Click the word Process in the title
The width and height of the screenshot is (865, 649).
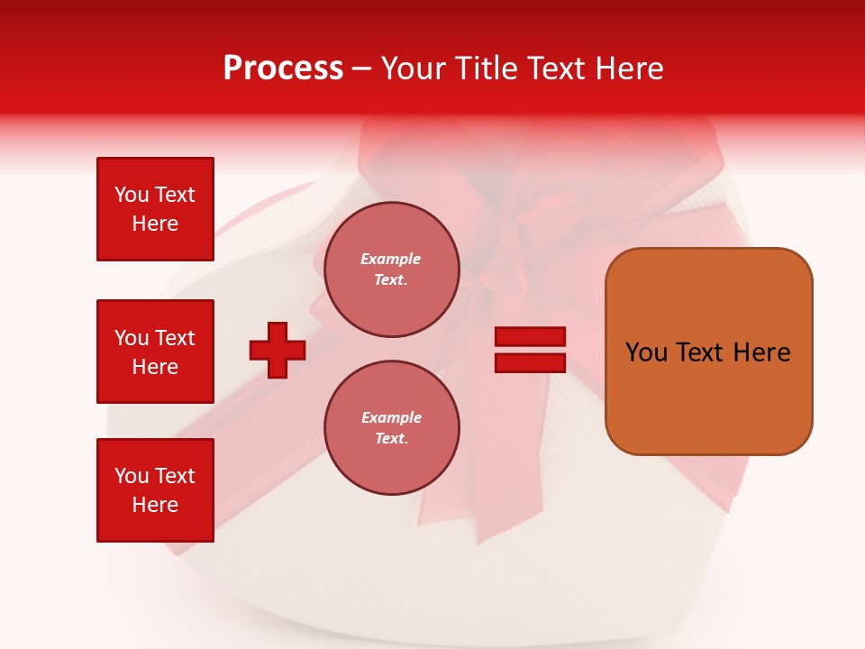point(283,69)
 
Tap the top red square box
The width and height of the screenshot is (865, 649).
point(155,209)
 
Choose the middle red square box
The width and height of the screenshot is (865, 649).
point(155,352)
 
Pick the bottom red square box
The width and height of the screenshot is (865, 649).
point(155,490)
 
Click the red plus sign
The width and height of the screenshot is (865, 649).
point(278,350)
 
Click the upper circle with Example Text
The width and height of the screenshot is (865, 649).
point(392,270)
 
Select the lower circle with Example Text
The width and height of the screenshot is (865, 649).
point(392,428)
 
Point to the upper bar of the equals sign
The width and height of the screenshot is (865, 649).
point(530,336)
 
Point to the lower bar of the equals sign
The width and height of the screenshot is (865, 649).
point(530,362)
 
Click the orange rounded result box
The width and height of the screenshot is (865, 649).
point(708,351)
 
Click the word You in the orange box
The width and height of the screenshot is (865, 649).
point(645,352)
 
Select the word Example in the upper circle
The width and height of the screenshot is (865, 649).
point(391,259)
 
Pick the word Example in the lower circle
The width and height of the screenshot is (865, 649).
point(391,417)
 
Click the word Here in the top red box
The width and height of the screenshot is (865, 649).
point(155,224)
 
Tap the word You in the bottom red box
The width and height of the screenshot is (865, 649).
point(132,476)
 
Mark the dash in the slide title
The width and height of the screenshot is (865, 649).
point(361,69)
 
